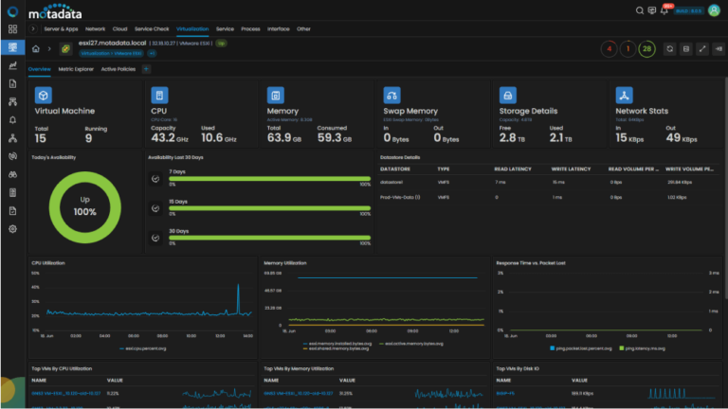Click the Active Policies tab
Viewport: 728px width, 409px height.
[x=118, y=69]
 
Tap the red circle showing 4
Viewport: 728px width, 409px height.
[x=609, y=48]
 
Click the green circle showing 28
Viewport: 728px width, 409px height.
[x=646, y=48]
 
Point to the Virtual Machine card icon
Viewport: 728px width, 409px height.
[x=43, y=95]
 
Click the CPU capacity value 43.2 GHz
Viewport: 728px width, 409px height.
[x=169, y=138]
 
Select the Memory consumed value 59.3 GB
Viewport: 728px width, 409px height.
[x=337, y=138]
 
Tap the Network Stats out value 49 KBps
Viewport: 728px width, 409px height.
[x=682, y=138]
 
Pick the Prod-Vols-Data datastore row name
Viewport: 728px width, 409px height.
[x=399, y=197]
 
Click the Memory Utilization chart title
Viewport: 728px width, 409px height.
[x=285, y=261]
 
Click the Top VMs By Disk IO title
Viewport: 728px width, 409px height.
[x=519, y=368]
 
